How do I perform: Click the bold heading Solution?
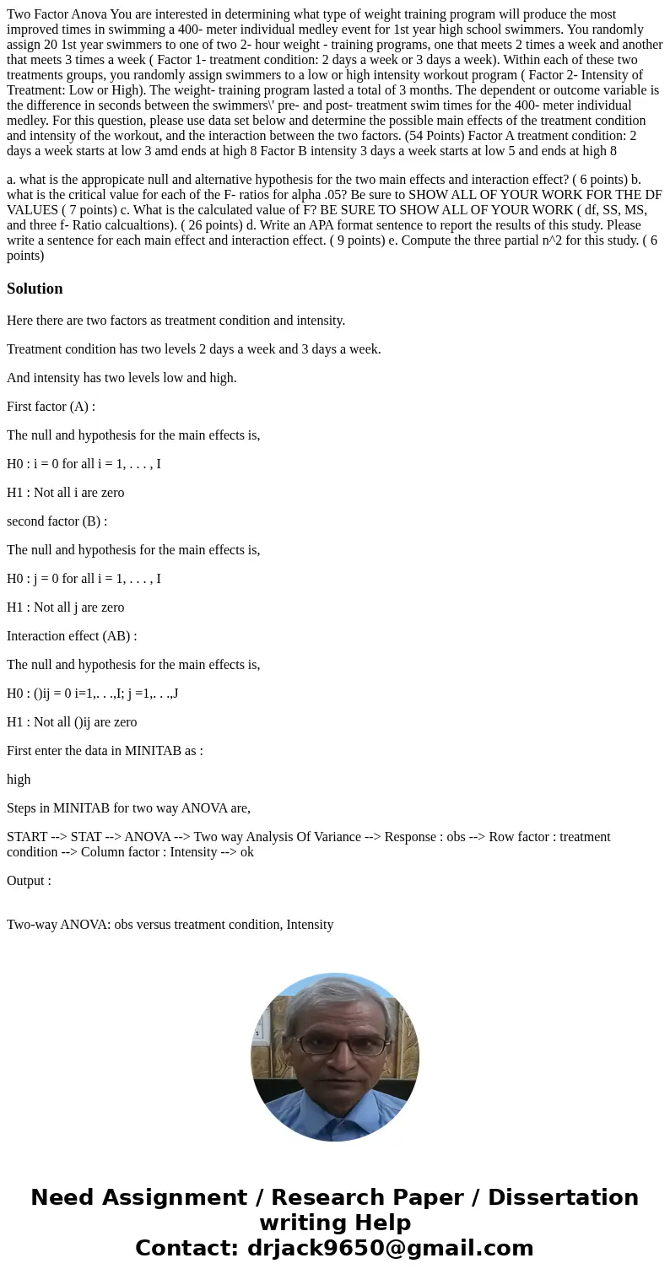35,289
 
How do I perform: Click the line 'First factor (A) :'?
51,407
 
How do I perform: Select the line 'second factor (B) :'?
57,521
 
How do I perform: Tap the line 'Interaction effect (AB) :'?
72,636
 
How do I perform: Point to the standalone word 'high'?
19,780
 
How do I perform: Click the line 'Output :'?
29,881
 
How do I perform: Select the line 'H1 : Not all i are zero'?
65,493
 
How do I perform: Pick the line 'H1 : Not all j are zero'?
65,607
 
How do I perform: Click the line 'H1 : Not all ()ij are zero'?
72,722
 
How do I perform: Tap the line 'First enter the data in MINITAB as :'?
105,751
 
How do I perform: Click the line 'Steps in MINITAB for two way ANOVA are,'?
128,808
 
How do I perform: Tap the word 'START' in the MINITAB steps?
27,837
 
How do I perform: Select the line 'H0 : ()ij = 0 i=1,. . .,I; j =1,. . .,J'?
92,694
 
